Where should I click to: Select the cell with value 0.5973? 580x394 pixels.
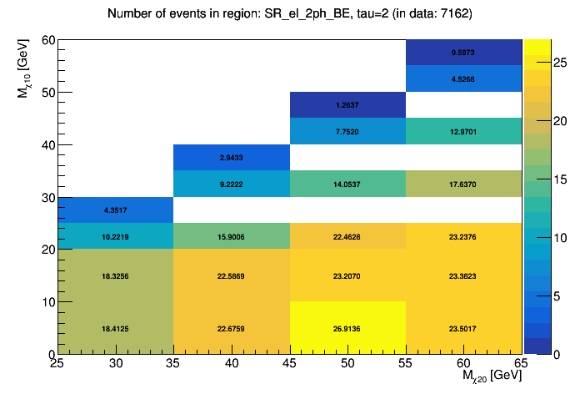(463, 52)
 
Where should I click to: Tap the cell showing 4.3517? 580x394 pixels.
(115, 210)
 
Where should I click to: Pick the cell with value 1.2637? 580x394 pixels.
(347, 105)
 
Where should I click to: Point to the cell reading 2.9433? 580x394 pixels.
(231, 158)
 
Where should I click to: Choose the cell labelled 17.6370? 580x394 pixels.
(463, 184)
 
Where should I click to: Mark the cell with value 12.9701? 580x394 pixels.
(463, 131)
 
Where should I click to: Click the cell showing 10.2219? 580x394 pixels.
(115, 236)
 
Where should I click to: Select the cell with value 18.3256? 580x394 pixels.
(115, 275)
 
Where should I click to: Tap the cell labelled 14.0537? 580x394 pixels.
(347, 184)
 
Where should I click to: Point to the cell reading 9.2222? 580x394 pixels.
(231, 184)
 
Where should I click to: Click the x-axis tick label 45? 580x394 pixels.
(289, 364)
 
